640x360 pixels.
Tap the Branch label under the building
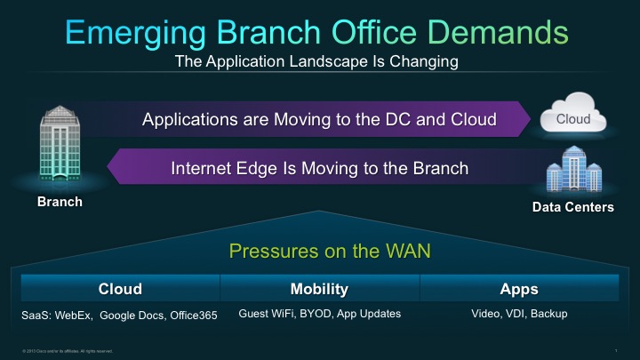(60, 202)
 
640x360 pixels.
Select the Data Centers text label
(572, 207)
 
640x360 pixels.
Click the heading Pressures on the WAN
(330, 252)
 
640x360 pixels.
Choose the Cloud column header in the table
(120, 290)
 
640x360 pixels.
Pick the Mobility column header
(319, 290)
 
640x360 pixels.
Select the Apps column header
(519, 290)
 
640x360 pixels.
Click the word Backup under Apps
(548, 314)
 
